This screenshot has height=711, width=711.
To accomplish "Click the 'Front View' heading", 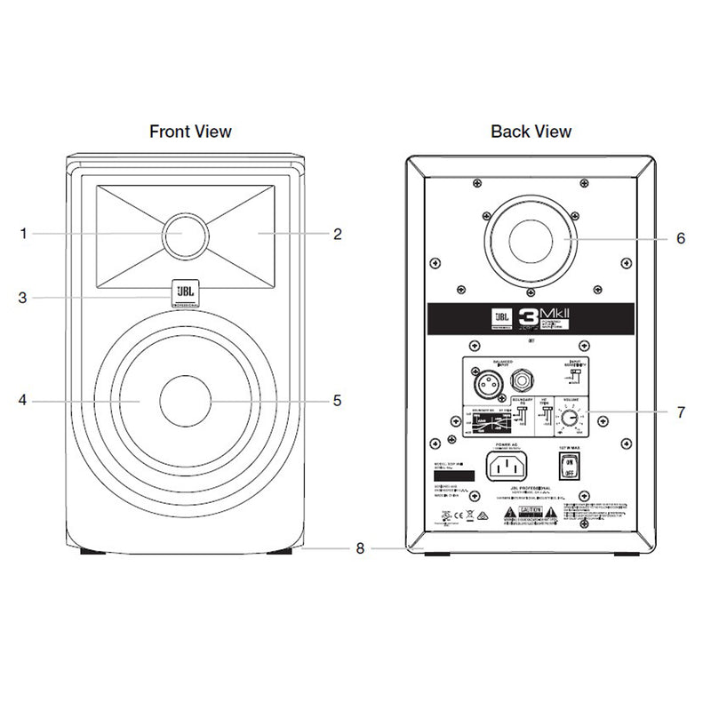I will [190, 132].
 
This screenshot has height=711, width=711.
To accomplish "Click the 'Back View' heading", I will [531, 132].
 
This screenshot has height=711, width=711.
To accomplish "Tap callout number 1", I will [24, 235].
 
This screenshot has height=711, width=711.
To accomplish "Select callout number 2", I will [338, 235].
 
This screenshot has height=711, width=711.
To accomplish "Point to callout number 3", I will [24, 297].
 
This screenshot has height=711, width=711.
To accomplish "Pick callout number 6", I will [681, 238].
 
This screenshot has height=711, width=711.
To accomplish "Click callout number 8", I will [360, 548].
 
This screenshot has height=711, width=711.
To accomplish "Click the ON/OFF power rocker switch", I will [568, 464].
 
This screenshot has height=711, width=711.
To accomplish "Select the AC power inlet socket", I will [508, 464].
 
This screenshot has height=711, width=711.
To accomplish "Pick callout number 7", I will [681, 412].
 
